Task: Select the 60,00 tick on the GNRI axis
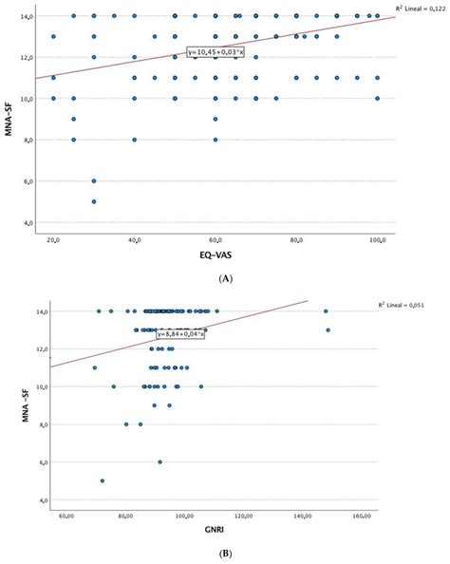[67, 517]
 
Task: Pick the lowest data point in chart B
[103, 480]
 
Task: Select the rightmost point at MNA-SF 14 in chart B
[326, 310]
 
